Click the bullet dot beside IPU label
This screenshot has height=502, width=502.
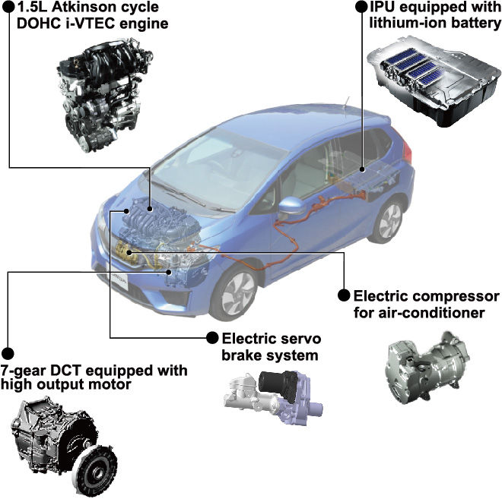coord(361,7)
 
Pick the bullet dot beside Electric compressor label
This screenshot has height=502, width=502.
coord(344,295)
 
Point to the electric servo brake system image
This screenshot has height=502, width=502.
coord(273,398)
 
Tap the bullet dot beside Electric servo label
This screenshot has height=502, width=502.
coord(212,337)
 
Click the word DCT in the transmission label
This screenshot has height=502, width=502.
coord(68,370)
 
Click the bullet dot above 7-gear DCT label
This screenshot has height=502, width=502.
coord(8,353)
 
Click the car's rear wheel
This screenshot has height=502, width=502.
coord(388,221)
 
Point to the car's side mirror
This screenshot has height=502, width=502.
coord(291,207)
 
